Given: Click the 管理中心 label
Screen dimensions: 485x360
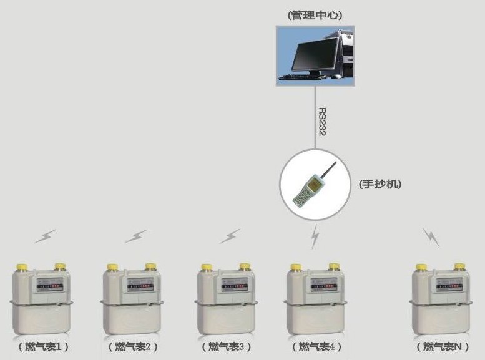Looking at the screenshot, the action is tap(315, 15).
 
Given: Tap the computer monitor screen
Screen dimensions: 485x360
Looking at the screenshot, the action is tap(315, 54).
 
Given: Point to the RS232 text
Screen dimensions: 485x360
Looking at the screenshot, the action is tap(322, 122).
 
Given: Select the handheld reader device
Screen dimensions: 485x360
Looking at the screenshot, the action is tap(315, 185).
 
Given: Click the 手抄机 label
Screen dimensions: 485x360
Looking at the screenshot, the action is tap(380, 184).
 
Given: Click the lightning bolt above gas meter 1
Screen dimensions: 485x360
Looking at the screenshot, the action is tap(46, 236).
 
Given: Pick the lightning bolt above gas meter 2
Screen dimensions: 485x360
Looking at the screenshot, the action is tap(137, 236).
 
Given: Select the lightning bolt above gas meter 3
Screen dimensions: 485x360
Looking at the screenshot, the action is tap(230, 236).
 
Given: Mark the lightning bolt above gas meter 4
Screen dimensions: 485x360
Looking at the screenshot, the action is tap(315, 236).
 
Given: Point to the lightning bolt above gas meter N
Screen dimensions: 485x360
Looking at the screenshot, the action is tap(431, 238).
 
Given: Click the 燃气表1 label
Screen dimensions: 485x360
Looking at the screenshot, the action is tap(43, 347).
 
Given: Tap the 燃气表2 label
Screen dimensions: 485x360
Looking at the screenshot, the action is tap(133, 347).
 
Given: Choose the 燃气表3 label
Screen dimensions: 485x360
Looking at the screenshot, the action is tap(227, 347).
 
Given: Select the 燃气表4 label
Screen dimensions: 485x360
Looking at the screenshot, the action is tap(316, 347).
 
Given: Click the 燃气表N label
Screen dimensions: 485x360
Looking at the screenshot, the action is tap(443, 347).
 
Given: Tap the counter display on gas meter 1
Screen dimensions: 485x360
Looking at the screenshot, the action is tap(50, 286).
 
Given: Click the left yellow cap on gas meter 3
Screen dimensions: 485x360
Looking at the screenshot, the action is tap(207, 267).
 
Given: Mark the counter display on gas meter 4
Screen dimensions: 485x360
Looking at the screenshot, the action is tap(324, 286).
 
